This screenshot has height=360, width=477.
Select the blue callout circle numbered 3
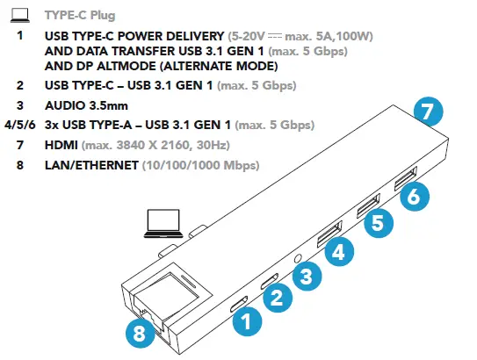(x=306, y=277)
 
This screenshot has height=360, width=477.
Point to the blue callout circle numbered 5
(x=377, y=222)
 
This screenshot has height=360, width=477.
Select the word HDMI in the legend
(x=61, y=145)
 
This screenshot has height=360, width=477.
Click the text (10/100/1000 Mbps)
(x=189, y=164)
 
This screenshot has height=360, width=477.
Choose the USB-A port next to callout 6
(x=407, y=181)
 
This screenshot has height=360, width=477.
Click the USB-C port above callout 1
(x=240, y=305)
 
